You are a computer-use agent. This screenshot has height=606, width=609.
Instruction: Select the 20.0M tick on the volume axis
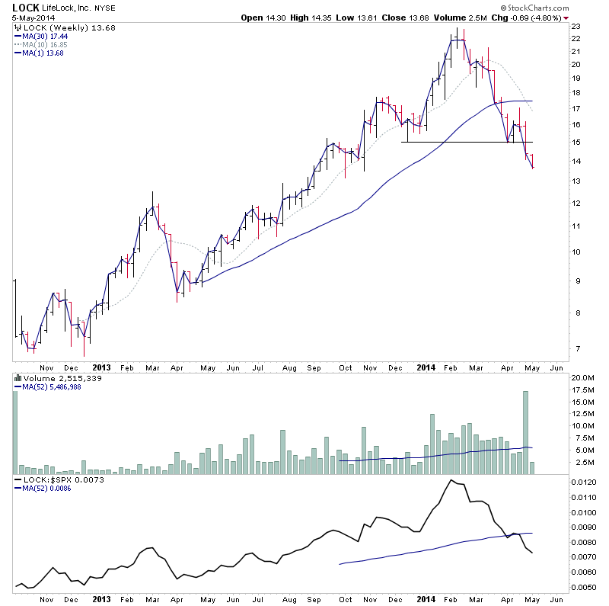point(585,378)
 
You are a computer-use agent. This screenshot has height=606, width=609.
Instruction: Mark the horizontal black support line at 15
point(457,143)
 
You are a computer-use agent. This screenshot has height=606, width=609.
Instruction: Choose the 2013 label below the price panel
point(101,367)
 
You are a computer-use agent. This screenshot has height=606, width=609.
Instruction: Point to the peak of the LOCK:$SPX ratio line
point(451,480)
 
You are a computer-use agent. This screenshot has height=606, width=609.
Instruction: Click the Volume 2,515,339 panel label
point(53,377)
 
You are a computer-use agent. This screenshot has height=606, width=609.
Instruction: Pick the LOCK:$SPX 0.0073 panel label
point(54,480)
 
